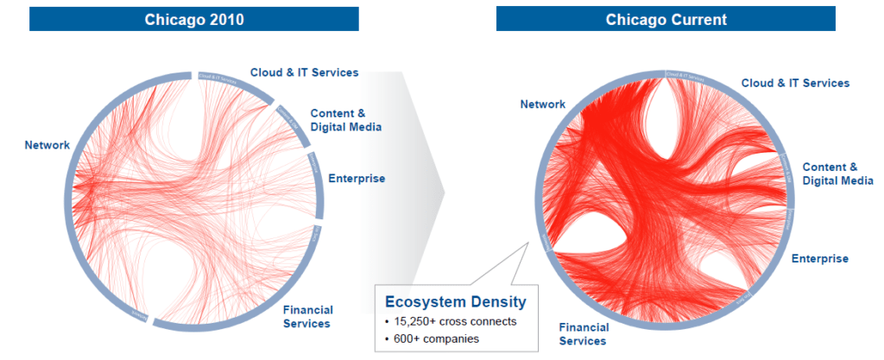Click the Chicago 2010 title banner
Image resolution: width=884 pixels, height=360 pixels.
(193, 19)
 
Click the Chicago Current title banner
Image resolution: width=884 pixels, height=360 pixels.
(665, 19)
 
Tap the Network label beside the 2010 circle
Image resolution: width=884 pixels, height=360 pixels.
(47, 145)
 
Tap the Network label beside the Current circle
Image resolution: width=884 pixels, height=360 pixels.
(542, 104)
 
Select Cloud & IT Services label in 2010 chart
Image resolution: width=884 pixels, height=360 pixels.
(304, 73)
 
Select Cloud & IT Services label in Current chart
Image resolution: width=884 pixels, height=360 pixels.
(795, 83)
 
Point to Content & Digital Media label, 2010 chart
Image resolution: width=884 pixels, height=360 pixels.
(345, 120)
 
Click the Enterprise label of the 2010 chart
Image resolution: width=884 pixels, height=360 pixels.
(357, 179)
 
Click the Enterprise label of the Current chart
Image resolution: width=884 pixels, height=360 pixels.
(819, 258)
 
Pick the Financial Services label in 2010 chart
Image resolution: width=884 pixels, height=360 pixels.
(307, 317)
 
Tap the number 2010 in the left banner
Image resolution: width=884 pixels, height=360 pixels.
(226, 19)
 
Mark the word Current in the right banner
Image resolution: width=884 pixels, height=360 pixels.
(696, 19)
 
